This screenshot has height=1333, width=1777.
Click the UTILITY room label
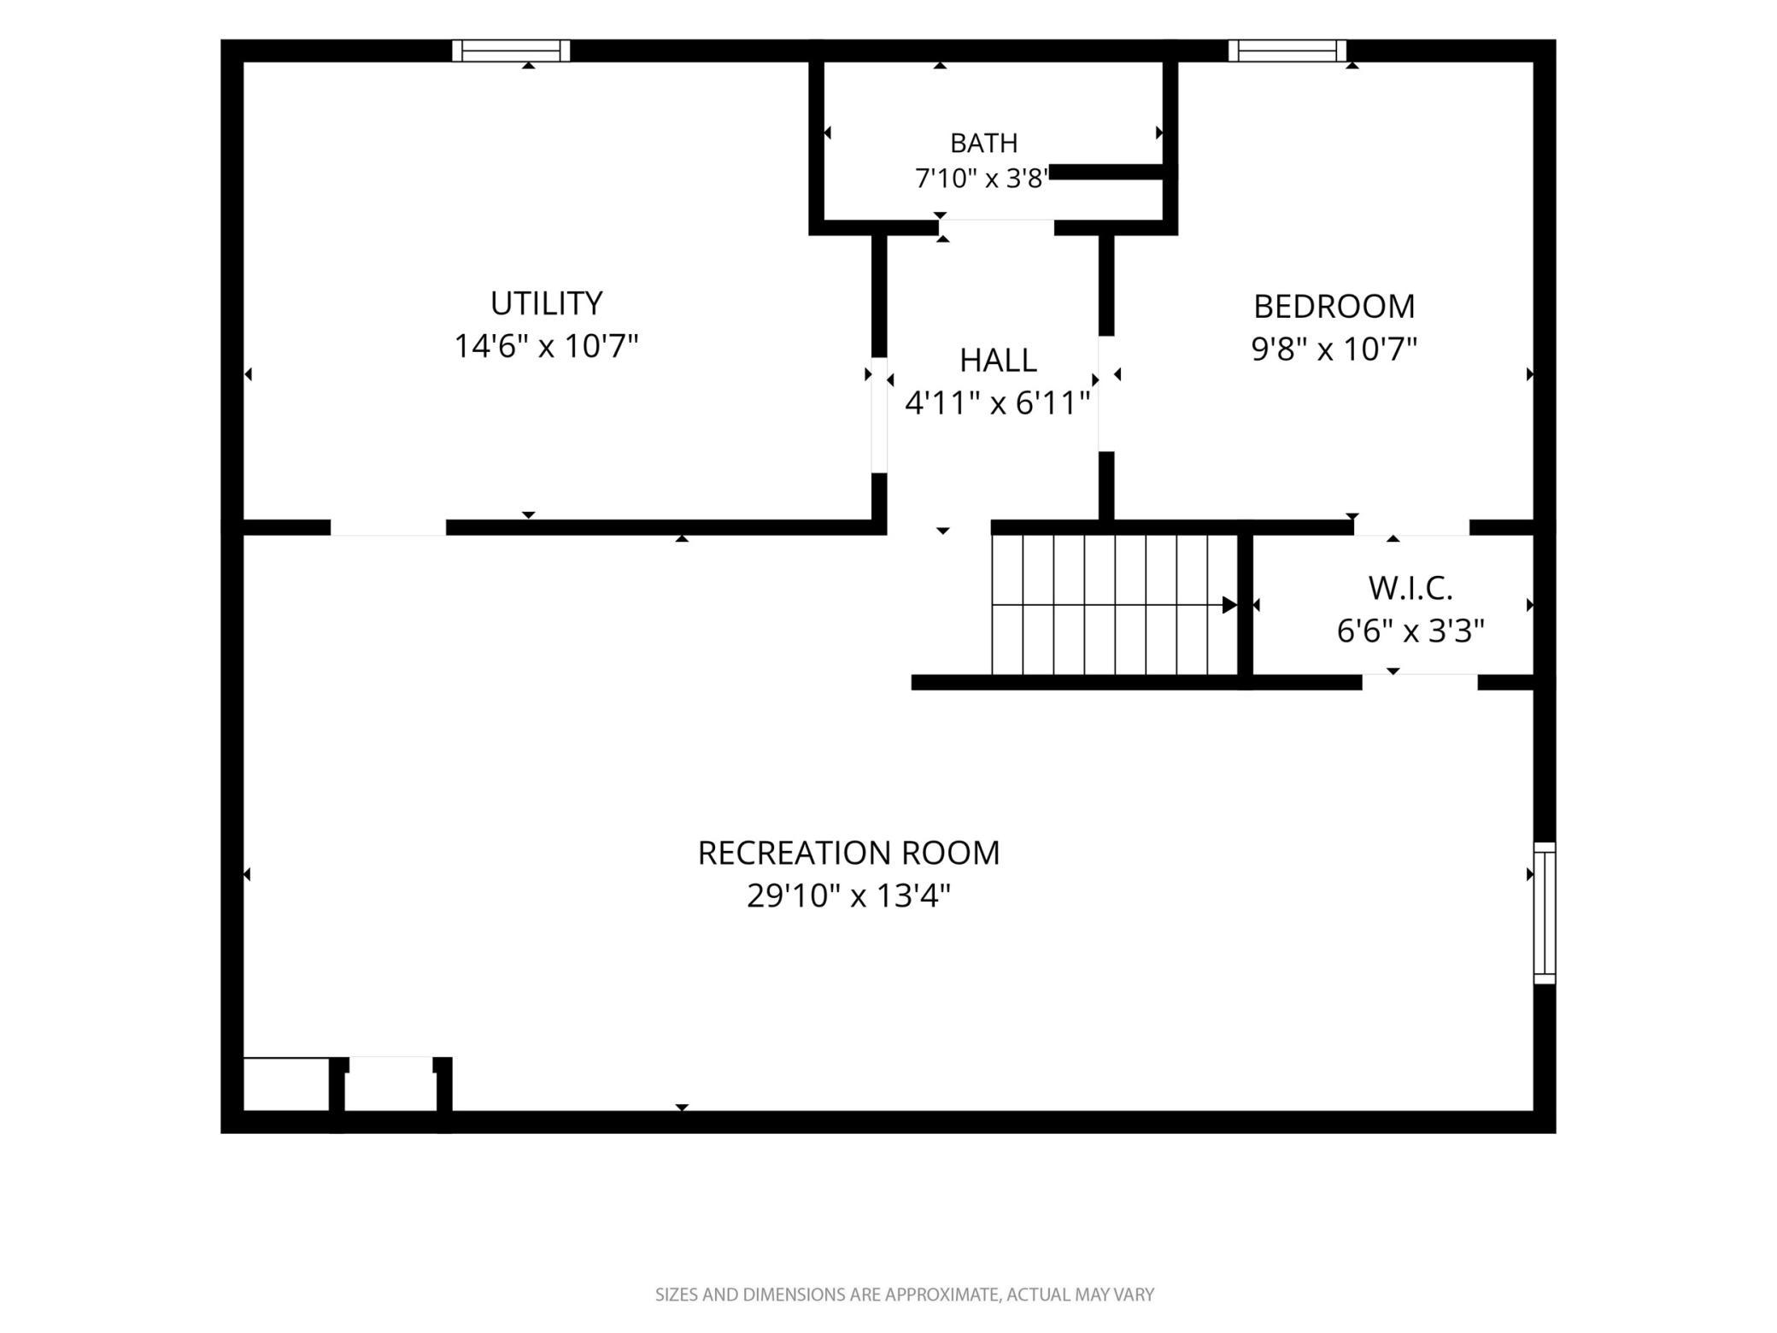[546, 303]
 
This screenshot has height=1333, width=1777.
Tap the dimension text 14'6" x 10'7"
[546, 346]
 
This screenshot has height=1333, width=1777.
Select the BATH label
[983, 143]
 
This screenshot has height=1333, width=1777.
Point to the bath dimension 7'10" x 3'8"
[981, 179]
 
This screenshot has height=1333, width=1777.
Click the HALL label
[998, 361]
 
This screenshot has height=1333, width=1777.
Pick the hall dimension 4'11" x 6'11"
[997, 402]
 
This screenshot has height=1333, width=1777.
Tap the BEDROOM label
[1334, 306]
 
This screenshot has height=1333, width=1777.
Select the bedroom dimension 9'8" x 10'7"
[1334, 349]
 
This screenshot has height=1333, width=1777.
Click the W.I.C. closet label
[1410, 588]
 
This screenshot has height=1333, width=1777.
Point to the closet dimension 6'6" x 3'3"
[1410, 631]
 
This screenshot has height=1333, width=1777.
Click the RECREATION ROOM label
[848, 853]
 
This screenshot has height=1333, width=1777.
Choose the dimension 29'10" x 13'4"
[848, 896]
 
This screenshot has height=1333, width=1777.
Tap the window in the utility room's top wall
[511, 50]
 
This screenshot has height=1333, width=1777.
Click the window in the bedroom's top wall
[1287, 50]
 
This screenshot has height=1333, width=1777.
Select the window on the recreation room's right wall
[1545, 913]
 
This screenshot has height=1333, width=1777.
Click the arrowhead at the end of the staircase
[1229, 605]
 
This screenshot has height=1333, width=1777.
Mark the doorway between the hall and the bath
[996, 227]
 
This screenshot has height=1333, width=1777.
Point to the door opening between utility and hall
[879, 415]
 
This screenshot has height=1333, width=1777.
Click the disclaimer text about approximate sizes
[904, 1295]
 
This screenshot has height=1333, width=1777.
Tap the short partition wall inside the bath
[1106, 173]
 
